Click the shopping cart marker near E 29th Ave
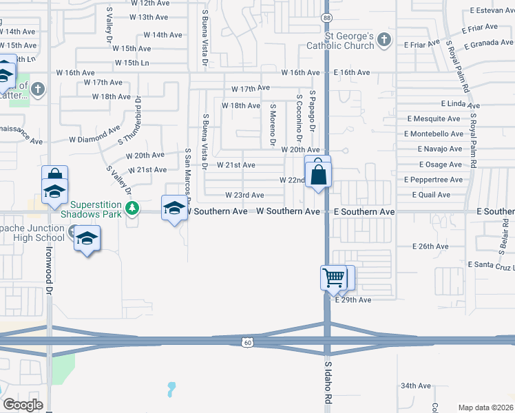pos(333,278)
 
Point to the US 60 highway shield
pos(247,342)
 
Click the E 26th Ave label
pos(430,246)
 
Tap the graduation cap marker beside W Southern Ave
pos(174,207)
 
